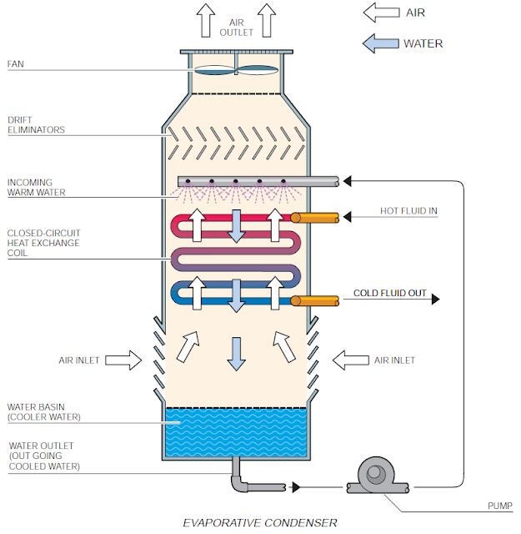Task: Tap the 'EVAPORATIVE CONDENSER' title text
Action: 260,522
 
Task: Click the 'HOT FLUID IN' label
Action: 406,212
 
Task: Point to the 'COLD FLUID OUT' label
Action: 390,294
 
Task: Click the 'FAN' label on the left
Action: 17,63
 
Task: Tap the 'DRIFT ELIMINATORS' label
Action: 36,124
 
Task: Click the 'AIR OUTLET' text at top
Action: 236,27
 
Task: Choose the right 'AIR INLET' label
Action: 394,360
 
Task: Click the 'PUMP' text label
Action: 499,506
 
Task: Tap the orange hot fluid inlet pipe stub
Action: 314,218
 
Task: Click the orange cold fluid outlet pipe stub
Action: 314,300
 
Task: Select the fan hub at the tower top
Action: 236,71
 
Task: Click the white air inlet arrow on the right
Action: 350,360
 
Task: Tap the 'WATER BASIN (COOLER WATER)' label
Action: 43,411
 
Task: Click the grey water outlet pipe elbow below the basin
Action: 238,482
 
